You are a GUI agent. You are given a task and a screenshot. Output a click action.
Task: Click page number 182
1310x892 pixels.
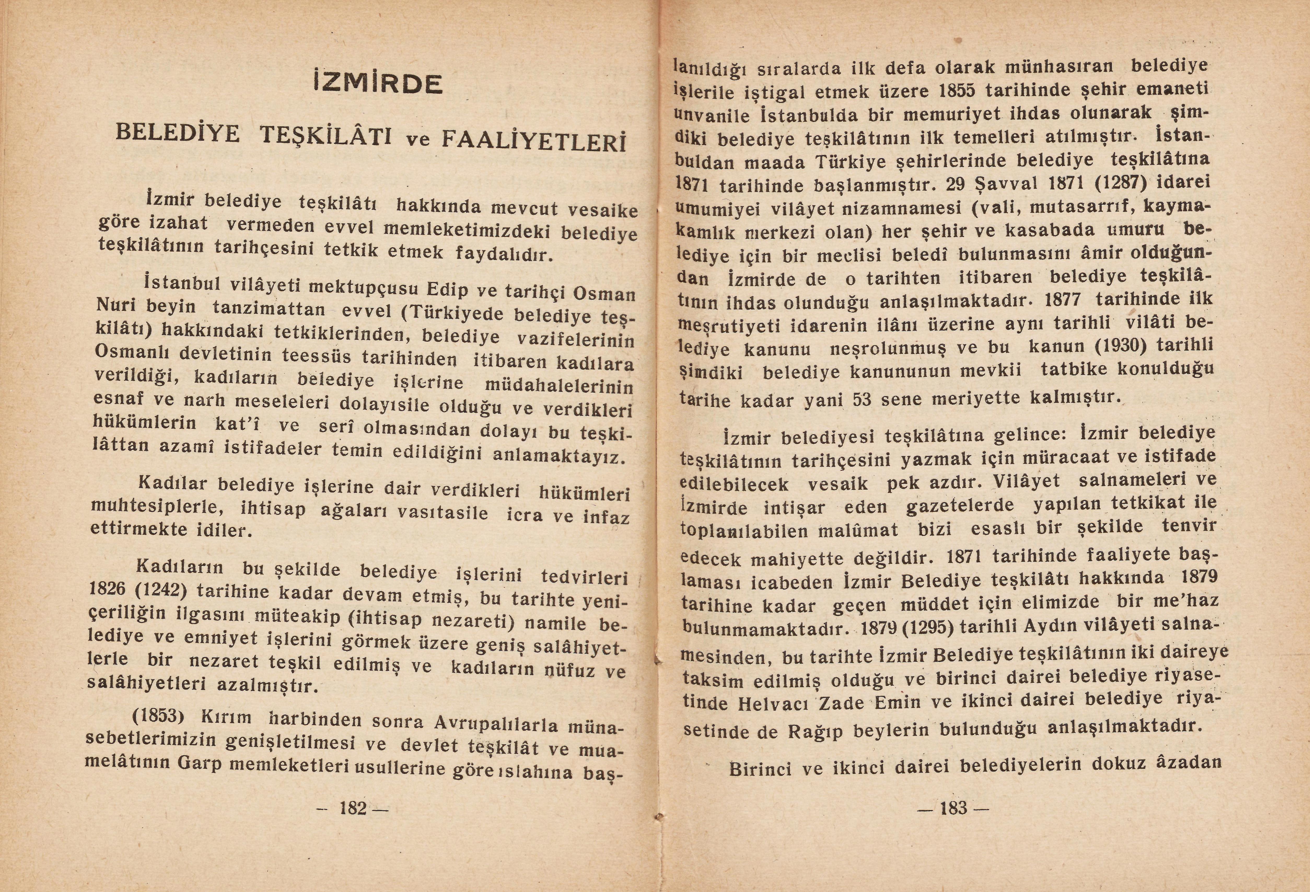[x=353, y=808]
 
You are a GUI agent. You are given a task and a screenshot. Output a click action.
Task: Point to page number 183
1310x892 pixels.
[x=953, y=808]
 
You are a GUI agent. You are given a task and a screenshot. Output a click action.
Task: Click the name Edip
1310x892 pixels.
[x=447, y=289]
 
